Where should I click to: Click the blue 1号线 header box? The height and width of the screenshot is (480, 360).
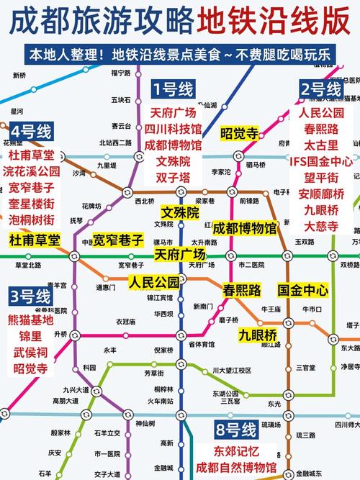[x=173, y=89]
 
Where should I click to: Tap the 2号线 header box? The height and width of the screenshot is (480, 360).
[x=321, y=89]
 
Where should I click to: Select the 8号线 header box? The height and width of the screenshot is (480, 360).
[x=235, y=431]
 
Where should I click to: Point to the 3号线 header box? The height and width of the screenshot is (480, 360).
[x=30, y=296]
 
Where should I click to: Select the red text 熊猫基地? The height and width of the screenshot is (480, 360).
[x=30, y=320]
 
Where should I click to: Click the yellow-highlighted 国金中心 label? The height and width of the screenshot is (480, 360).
[x=303, y=291]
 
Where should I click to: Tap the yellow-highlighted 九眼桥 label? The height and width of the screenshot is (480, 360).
[x=258, y=335]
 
